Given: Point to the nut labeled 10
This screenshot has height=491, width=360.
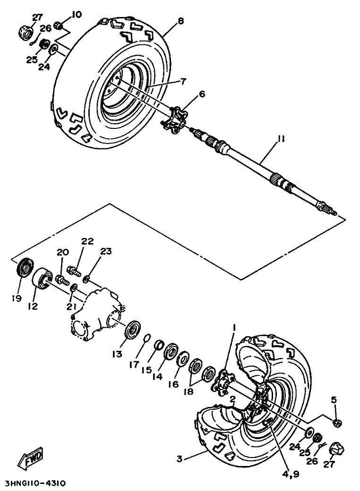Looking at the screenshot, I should tap(59, 25).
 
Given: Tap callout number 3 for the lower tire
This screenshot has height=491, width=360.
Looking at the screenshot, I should tap(180, 458).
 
